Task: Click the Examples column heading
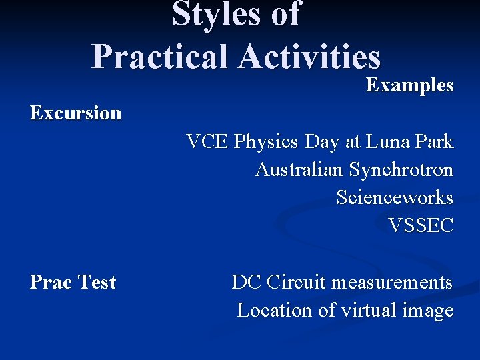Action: click(409, 85)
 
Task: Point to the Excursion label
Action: click(75, 113)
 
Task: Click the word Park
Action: click(435, 141)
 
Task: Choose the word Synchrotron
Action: click(401, 170)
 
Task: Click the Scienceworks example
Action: click(394, 198)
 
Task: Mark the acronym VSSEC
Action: click(420, 226)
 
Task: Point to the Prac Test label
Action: click(73, 282)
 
